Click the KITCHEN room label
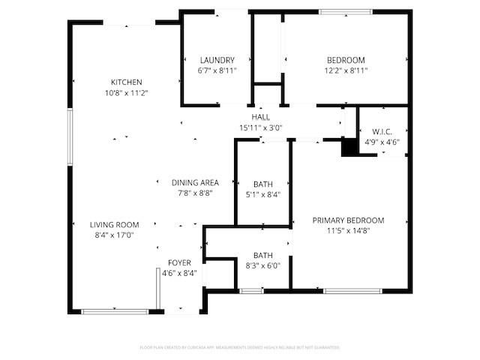tap(127, 82)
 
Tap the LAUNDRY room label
tap(217, 60)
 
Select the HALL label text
tap(260, 117)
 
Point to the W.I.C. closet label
tap(382, 131)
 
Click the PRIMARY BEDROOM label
tap(348, 220)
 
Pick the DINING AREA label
tap(195, 182)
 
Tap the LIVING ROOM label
tap(115, 224)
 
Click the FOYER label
tap(179, 262)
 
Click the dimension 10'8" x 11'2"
tap(127, 93)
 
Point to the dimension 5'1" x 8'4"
tap(262, 193)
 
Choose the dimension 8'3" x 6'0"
tap(262, 265)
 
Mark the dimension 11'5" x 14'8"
tap(348, 231)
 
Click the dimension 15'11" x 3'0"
tap(260, 127)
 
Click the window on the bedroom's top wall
tap(345, 11)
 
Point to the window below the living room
tap(115, 311)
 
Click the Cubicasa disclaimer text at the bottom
tap(240, 347)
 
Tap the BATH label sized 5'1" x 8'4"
tap(262, 184)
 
